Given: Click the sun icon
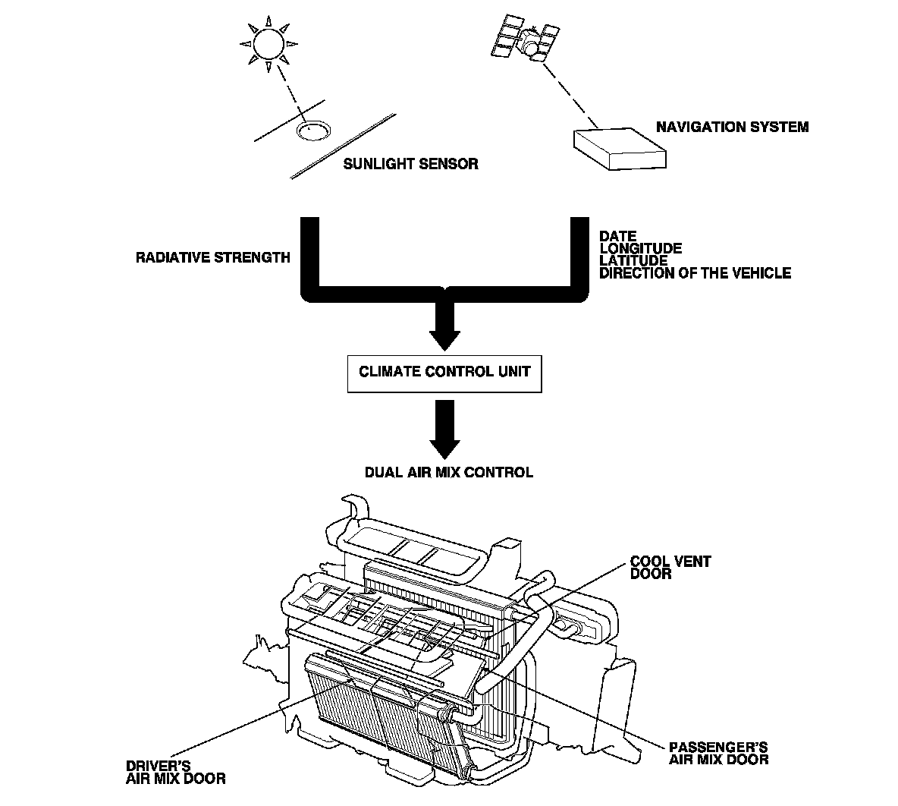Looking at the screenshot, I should coord(265,45).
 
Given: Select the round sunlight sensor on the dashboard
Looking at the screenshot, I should coord(311,131).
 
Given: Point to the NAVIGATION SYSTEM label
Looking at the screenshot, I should coord(732,127).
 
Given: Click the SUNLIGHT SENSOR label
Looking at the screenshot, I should coord(410,164).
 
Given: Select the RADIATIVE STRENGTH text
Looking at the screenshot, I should coord(212,257).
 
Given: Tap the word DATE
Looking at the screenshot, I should coord(618,236).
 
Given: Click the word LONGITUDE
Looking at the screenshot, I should coord(640,248).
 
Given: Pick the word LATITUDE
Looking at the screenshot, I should coord(634,260).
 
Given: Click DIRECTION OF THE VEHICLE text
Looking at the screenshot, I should coord(695,273).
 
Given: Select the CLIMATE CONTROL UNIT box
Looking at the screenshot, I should coord(444,373).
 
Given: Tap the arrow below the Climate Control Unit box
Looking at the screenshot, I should coord(444,429).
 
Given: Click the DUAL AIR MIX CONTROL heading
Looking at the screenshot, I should coord(449,472).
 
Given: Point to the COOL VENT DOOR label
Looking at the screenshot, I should coord(660,568).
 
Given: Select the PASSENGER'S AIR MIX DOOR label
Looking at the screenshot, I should coord(718,753).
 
